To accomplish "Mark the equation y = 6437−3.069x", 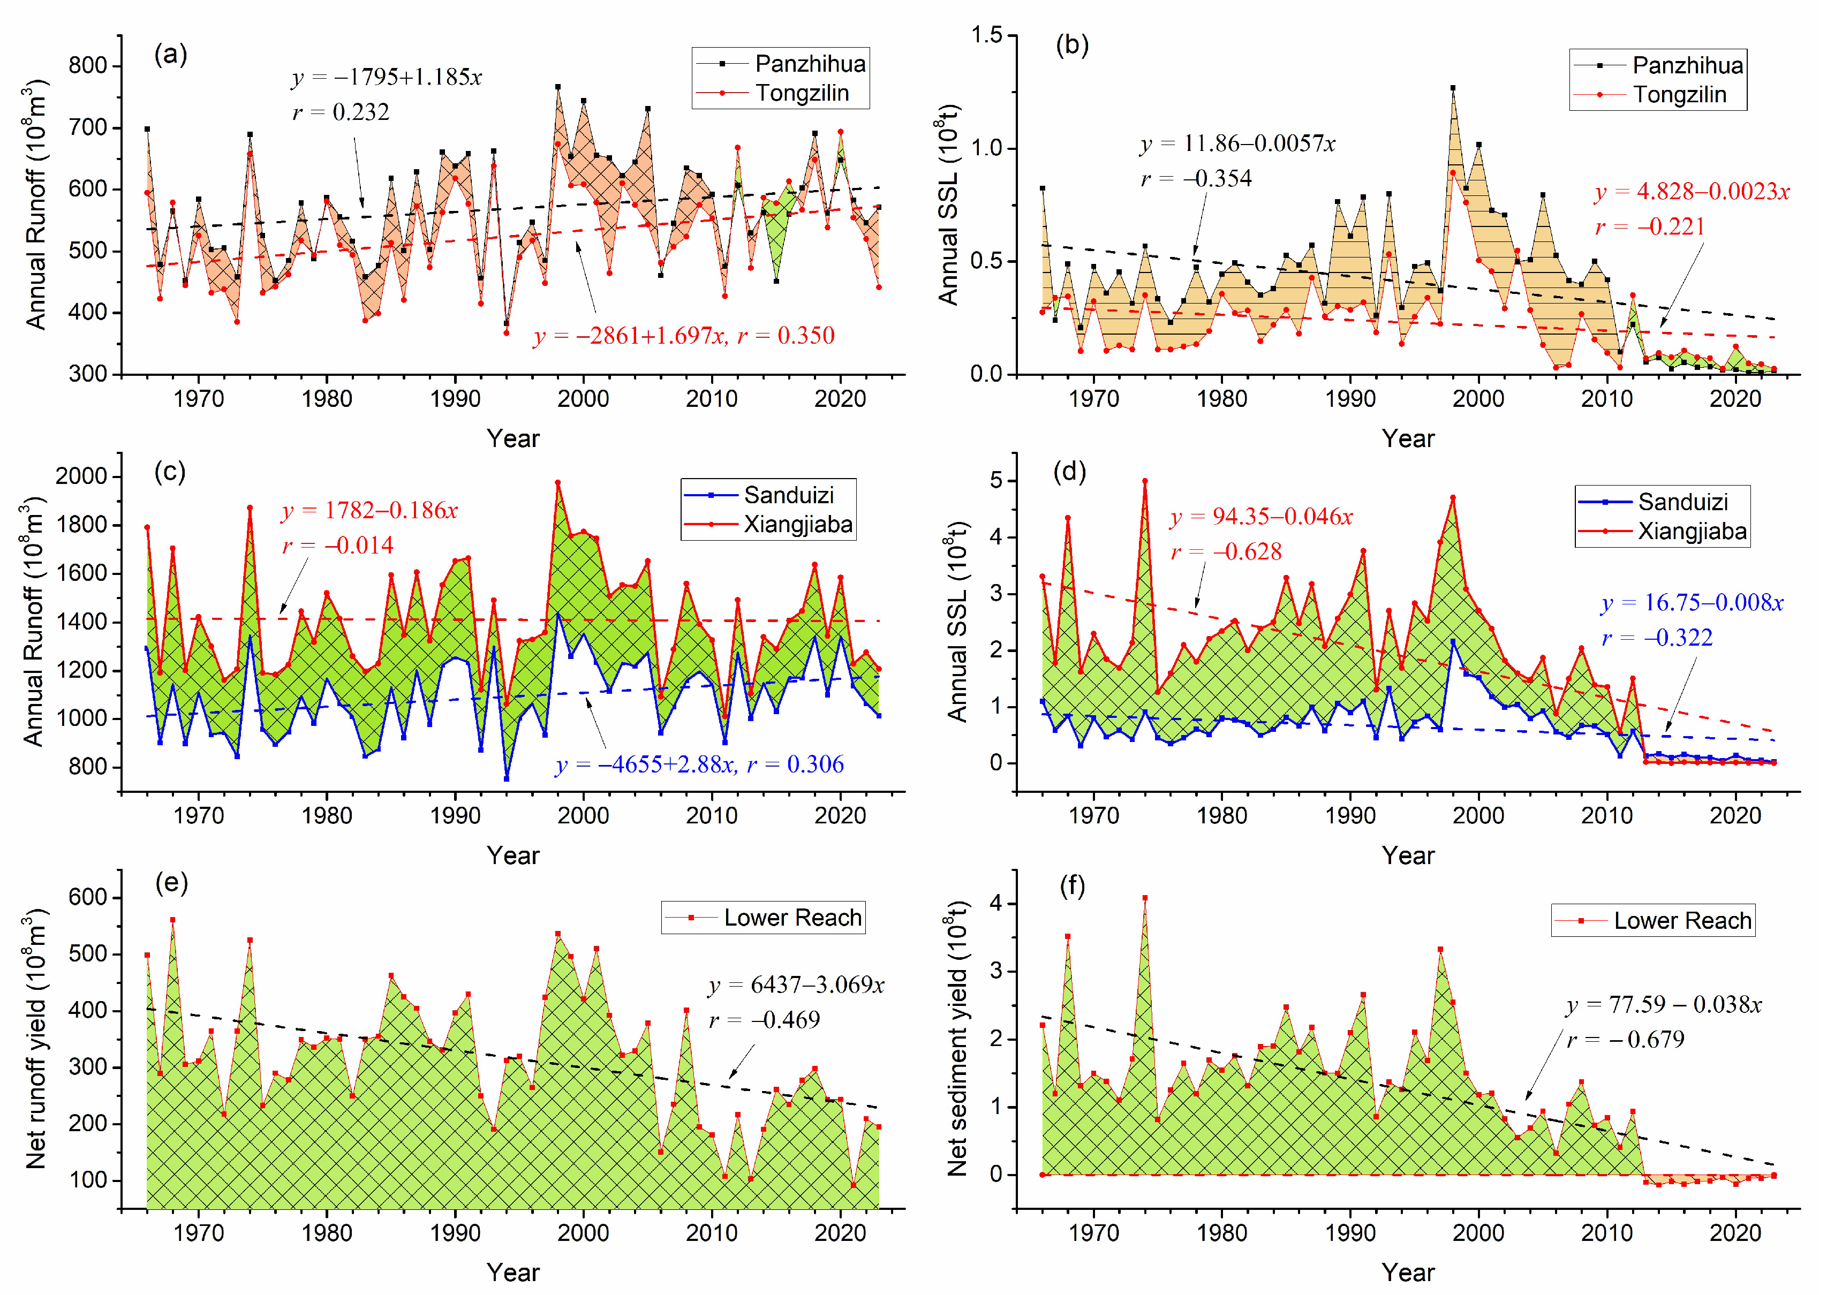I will click(796, 985).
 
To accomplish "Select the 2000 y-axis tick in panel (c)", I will click(81, 477).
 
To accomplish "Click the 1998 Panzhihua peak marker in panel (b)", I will click(1453, 88).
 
